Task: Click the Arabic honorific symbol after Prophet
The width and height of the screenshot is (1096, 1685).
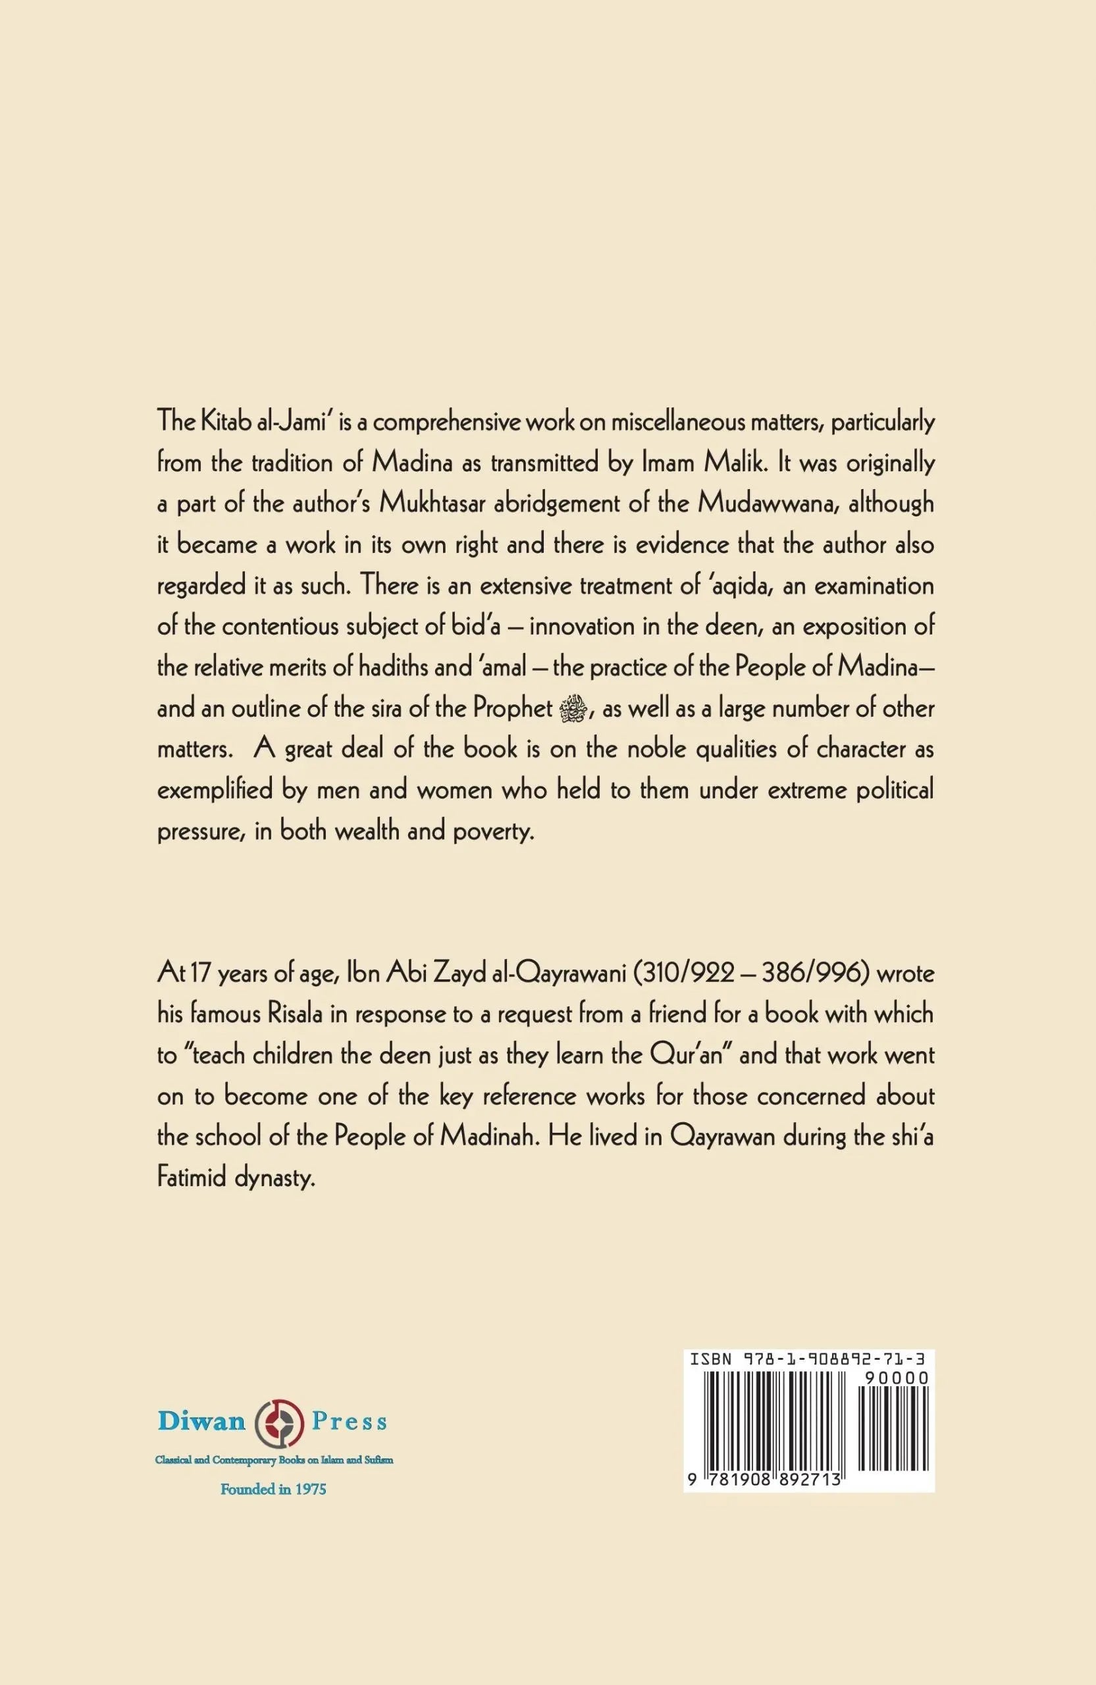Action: click(571, 709)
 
